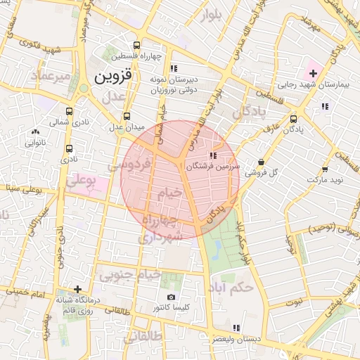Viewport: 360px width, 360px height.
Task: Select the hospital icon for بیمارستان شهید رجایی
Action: pyautogui.click(x=313, y=73)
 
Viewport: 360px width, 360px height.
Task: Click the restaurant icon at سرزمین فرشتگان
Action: pyautogui.click(x=212, y=155)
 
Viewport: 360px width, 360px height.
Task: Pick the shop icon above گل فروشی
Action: pyautogui.click(x=261, y=161)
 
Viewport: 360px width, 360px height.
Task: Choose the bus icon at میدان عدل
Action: pyautogui.click(x=127, y=116)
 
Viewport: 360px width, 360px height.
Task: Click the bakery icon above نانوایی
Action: pyautogui.click(x=35, y=131)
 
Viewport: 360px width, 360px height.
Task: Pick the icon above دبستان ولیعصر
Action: pyautogui.click(x=236, y=328)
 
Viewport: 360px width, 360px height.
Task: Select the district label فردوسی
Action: pyautogui.click(x=131, y=166)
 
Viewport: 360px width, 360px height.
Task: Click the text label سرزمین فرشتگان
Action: pyautogui.click(x=213, y=168)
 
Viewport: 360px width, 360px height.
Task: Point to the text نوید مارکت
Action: pyautogui.click(x=324, y=181)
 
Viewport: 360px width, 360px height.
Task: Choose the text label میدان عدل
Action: pyautogui.click(x=126, y=127)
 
